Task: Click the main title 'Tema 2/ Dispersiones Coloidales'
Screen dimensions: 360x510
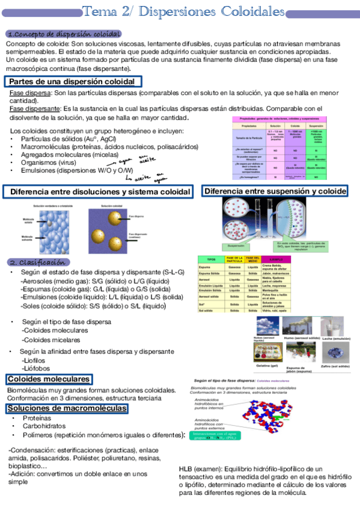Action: [x=183, y=11]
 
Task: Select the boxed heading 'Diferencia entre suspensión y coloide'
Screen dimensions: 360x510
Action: [x=275, y=191]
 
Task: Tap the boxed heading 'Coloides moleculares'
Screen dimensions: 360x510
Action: [x=49, y=379]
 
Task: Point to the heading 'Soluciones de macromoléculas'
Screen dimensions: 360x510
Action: [x=67, y=409]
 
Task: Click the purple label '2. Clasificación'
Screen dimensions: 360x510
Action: [x=37, y=262]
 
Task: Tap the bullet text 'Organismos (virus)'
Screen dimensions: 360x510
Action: [x=48, y=162]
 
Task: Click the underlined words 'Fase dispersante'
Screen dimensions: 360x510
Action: [x=34, y=109]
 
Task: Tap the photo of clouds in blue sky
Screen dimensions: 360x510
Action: [x=264, y=328]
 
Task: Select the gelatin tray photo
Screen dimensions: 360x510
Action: [x=265, y=355]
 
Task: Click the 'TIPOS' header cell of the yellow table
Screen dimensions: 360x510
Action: [x=211, y=259]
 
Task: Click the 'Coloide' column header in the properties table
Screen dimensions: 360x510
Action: [x=296, y=126]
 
